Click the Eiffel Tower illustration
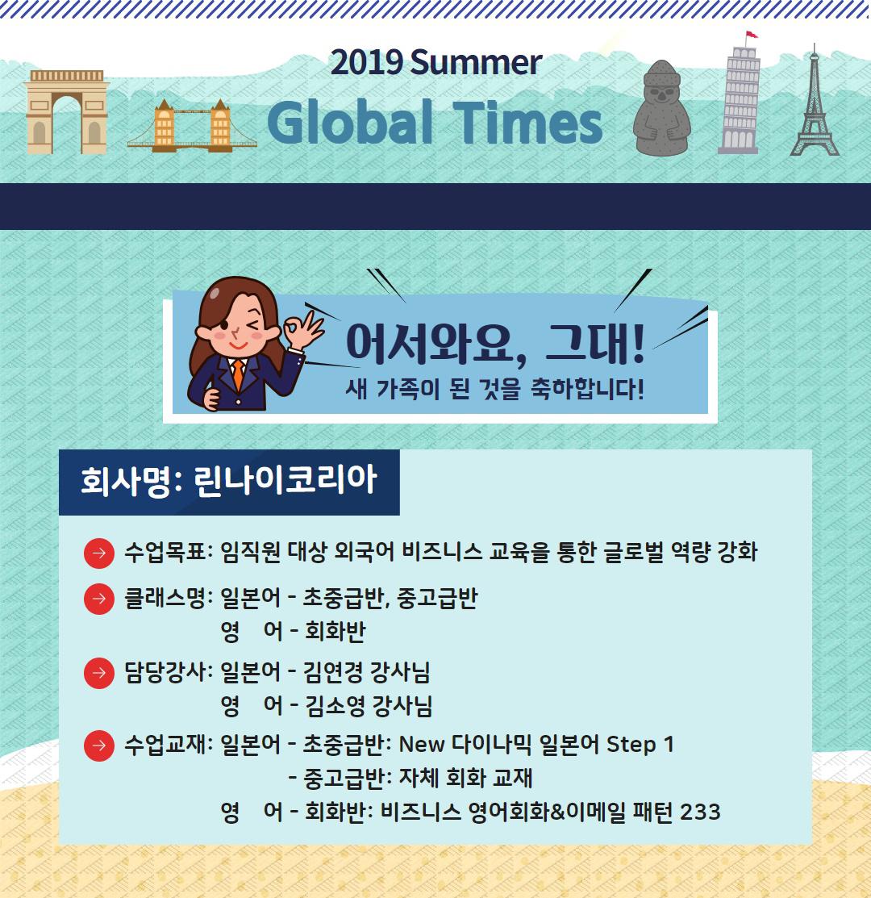pos(814,105)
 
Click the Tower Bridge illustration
pos(192,127)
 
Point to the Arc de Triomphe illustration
pos(66,111)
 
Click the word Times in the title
pos(532,123)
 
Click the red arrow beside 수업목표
pos(98,553)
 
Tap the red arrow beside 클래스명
pos(98,599)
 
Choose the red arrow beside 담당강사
pos(98,671)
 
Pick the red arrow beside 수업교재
pos(98,744)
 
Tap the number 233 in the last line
pos(699,812)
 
